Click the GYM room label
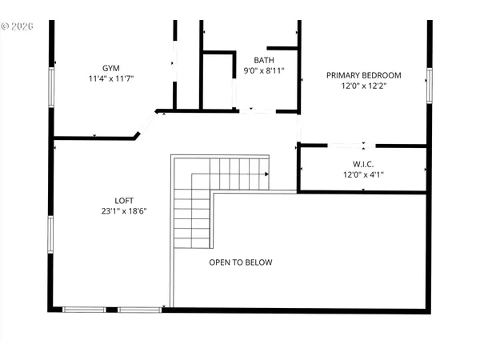pos(110,68)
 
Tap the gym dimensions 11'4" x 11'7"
pos(110,79)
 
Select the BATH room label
pos(264,60)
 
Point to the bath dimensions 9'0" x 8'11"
pos(264,71)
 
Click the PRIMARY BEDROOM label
pos(363,75)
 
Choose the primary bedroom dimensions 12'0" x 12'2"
pos(363,86)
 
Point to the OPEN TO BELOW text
pos(241,262)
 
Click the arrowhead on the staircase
pos(266,172)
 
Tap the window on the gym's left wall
pos(52,86)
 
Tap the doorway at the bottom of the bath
pos(257,111)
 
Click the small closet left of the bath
pos(218,80)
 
